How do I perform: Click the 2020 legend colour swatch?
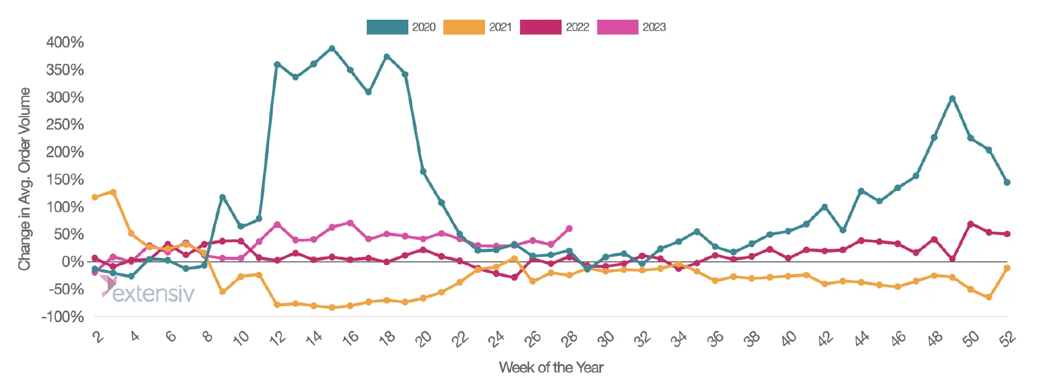(387, 27)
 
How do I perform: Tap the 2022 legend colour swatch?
(540, 27)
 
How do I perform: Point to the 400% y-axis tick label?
(65, 42)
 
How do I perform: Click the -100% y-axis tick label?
(62, 317)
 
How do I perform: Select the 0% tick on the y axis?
(73, 262)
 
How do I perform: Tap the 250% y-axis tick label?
(65, 124)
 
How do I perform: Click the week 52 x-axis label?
(1007, 339)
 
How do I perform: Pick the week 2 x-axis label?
(97, 336)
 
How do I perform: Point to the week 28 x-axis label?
(569, 339)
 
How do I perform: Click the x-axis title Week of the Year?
(551, 367)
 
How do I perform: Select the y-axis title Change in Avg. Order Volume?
(24, 179)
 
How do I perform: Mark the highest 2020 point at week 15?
(332, 48)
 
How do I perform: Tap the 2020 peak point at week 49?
(952, 99)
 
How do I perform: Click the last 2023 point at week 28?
(569, 228)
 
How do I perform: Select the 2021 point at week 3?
(113, 192)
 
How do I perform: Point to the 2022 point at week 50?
(971, 224)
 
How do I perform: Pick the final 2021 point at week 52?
(1007, 268)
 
